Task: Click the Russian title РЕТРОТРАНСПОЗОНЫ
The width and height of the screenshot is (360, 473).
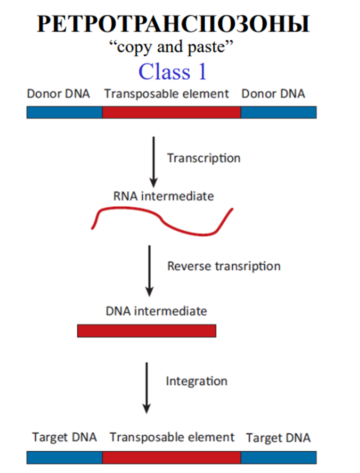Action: pyautogui.click(x=173, y=24)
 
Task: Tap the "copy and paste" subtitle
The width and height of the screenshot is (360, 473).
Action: pyautogui.click(x=171, y=47)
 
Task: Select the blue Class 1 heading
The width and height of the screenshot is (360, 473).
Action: pyautogui.click(x=172, y=72)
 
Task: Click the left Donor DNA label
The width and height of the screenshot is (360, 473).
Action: pyautogui.click(x=58, y=93)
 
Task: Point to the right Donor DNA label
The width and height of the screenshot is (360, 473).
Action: pyautogui.click(x=273, y=93)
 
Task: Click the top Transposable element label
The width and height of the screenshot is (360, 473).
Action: pyautogui.click(x=166, y=94)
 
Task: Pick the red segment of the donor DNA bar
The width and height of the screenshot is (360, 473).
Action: pyautogui.click(x=172, y=112)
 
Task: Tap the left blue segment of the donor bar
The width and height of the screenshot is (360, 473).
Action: pyautogui.click(x=64, y=112)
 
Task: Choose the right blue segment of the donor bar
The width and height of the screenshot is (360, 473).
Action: pyautogui.click(x=279, y=112)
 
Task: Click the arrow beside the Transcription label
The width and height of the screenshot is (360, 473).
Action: pyautogui.click(x=154, y=162)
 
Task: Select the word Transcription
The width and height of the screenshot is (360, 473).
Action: pyautogui.click(x=204, y=158)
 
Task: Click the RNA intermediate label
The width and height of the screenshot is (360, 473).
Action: pyautogui.click(x=164, y=196)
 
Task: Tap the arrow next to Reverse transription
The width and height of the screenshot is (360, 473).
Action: pyautogui.click(x=150, y=271)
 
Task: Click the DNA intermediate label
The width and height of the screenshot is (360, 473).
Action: pyautogui.click(x=156, y=311)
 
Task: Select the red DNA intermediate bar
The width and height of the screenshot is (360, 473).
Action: pyautogui.click(x=147, y=331)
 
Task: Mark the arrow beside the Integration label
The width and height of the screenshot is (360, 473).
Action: pyautogui.click(x=147, y=388)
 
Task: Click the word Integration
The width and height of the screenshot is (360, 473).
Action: pyautogui.click(x=196, y=381)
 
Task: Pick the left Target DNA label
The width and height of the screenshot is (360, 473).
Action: pyautogui.click(x=64, y=437)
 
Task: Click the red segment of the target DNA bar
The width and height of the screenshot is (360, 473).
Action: pyautogui.click(x=172, y=458)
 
